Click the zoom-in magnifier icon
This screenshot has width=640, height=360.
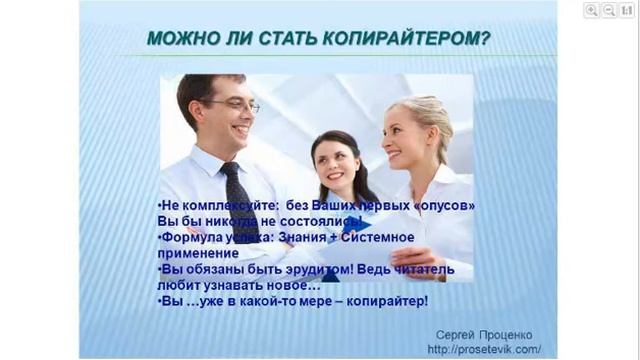(591, 10)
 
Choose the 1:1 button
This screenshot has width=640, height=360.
(626, 10)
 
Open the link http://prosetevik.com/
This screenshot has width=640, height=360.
(484, 349)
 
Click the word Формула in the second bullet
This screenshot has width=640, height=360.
(192, 237)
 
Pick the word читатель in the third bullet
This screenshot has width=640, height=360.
(423, 269)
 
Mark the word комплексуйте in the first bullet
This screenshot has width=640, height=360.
(219, 205)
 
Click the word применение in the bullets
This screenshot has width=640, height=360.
(196, 253)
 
